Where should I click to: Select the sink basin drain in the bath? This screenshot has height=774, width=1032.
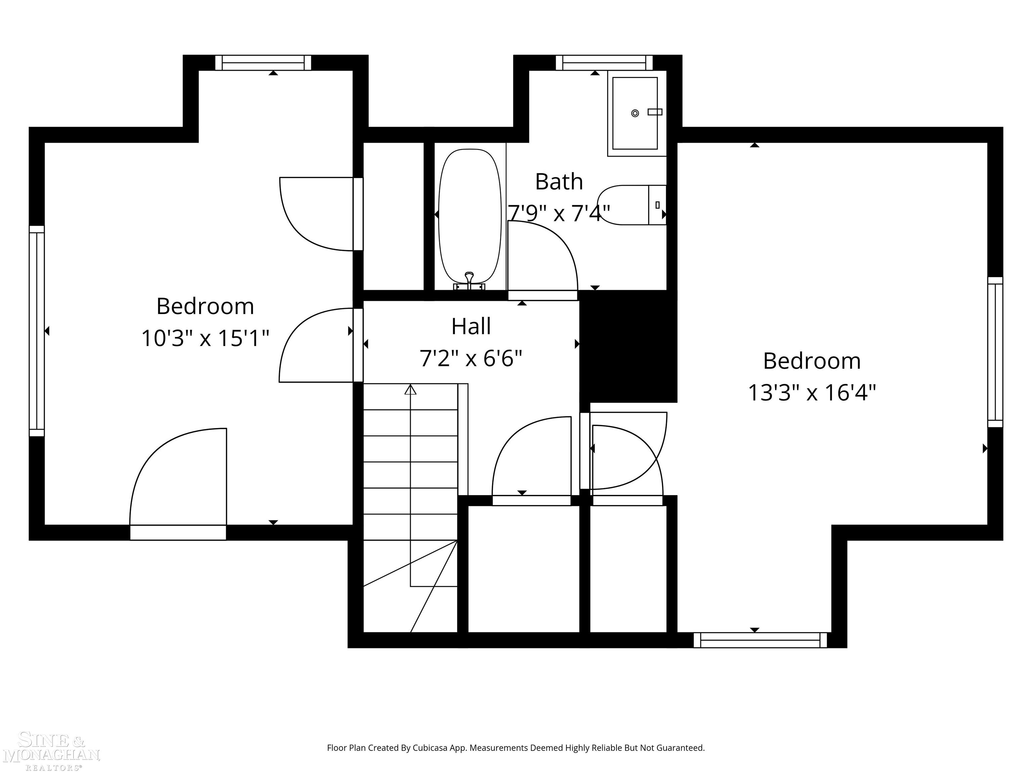[635, 113]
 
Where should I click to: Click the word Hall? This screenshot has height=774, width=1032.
[471, 327]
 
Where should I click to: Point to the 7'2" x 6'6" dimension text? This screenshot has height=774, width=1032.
[471, 359]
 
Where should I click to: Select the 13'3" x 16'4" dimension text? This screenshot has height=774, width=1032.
[812, 392]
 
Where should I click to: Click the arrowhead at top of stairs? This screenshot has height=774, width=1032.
[410, 390]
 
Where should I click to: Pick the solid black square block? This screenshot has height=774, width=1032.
[628, 346]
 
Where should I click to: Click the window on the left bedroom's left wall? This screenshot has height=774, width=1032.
[37, 331]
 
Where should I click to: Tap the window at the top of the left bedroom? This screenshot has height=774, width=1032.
[263, 62]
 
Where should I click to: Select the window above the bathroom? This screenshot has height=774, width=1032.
[604, 62]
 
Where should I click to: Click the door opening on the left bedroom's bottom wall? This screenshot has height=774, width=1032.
[178, 532]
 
